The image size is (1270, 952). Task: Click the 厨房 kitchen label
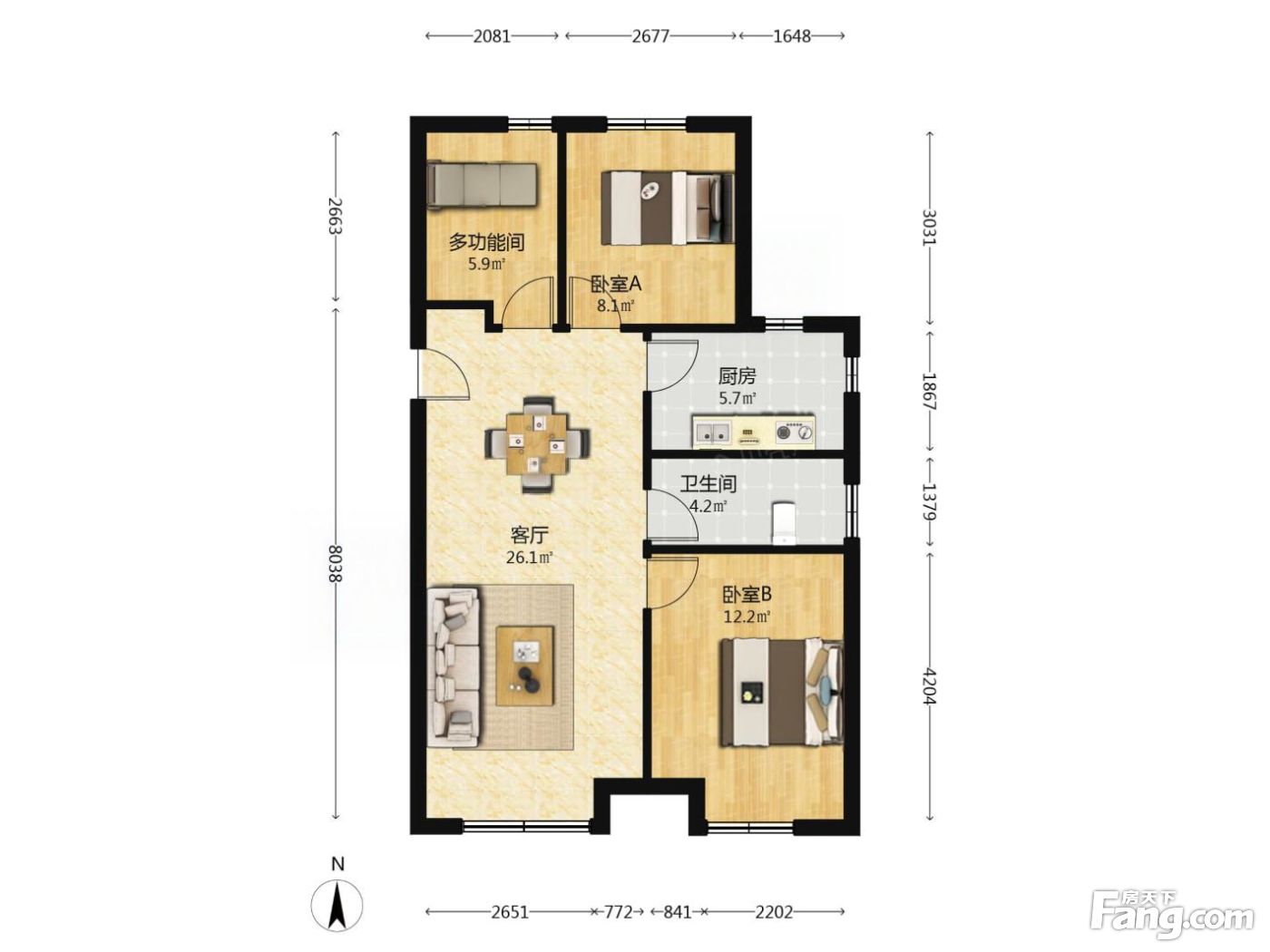(x=737, y=377)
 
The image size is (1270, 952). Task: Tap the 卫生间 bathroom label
(x=708, y=483)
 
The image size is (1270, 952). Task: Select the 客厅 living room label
(x=529, y=535)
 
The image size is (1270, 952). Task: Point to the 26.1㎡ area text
(x=529, y=558)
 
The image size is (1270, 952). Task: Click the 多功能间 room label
(x=486, y=242)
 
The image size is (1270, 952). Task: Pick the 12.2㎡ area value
(x=747, y=617)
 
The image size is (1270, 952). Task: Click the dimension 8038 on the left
(x=336, y=564)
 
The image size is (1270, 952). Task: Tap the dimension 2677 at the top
(x=650, y=36)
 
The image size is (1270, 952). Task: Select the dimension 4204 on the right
(x=929, y=686)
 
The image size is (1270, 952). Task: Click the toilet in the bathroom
(x=785, y=522)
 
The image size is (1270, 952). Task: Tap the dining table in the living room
(x=536, y=443)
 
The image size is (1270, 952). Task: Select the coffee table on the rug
(x=524, y=665)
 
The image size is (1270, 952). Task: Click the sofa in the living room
(x=454, y=666)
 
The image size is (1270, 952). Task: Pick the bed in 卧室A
(x=668, y=208)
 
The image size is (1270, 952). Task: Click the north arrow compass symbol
(x=337, y=905)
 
